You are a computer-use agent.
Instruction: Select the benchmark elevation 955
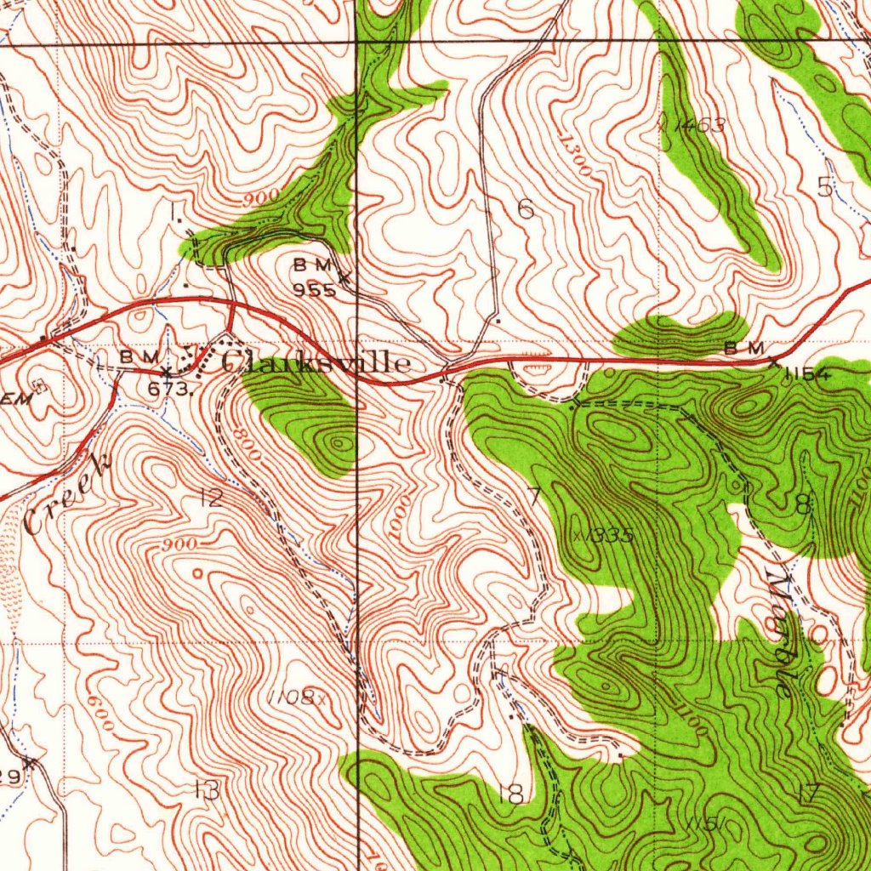pyautogui.click(x=314, y=290)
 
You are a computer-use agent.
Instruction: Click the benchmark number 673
pyautogui.click(x=167, y=389)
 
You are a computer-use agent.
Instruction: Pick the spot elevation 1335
pyautogui.click(x=608, y=536)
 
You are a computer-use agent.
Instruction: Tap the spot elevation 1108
pyautogui.click(x=291, y=697)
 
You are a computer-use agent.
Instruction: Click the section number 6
pyautogui.click(x=526, y=209)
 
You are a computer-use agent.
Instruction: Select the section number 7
pyautogui.click(x=534, y=496)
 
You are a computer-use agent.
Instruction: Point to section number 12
pyautogui.click(x=210, y=498)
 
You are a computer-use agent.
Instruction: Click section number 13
pyautogui.click(x=206, y=790)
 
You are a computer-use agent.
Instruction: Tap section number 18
pyautogui.click(x=510, y=795)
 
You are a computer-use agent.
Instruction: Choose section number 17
pyautogui.click(x=808, y=794)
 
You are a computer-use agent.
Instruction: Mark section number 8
pyautogui.click(x=803, y=505)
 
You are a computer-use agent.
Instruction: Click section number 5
pyautogui.click(x=824, y=187)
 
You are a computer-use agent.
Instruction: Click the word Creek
pyautogui.click(x=68, y=493)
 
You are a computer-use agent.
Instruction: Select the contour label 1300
pyautogui.click(x=576, y=154)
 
